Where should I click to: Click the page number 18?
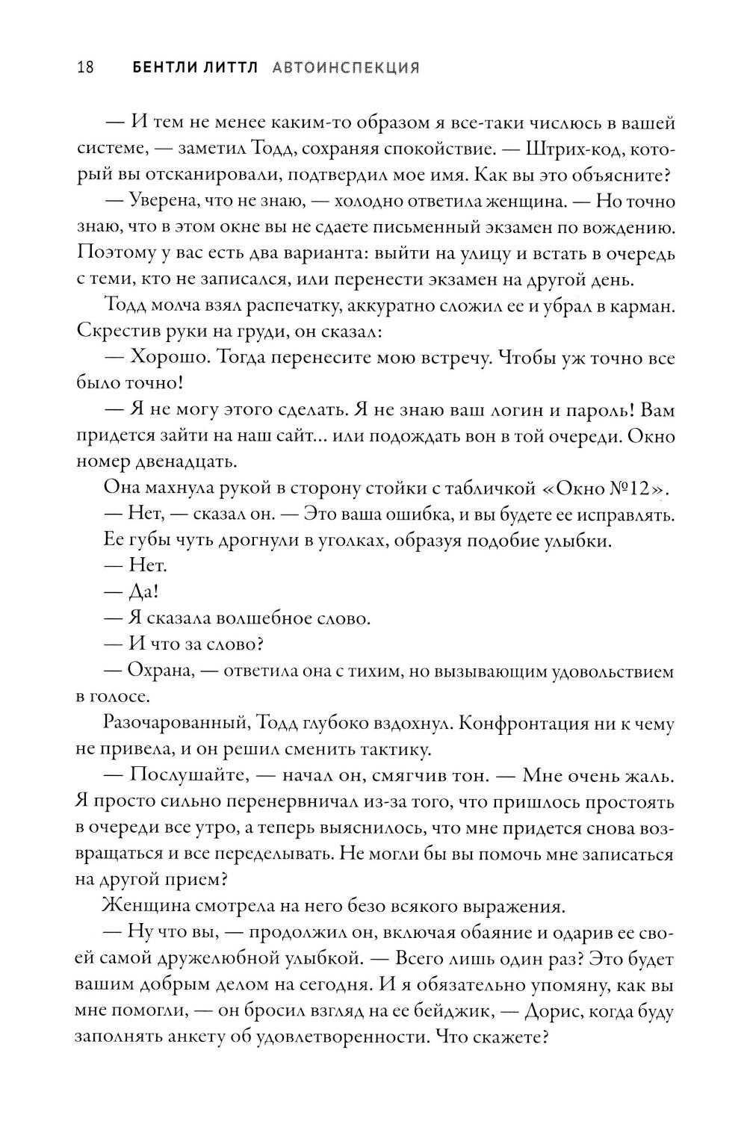point(84,68)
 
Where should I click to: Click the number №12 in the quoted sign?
point(631,489)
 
